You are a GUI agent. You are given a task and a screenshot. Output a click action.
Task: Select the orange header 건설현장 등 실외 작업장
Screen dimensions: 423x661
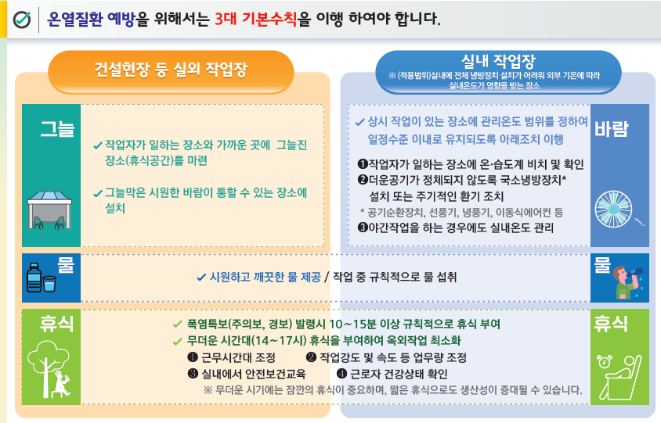pos(170,70)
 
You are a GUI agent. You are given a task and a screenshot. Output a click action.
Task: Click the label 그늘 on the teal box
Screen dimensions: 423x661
pos(57,127)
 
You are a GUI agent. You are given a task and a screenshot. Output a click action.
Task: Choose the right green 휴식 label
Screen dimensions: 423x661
pos(612,322)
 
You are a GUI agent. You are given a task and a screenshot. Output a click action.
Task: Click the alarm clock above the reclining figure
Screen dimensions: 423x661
pos(605,362)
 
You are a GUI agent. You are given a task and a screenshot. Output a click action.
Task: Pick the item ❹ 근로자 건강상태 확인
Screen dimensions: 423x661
pos(392,373)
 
